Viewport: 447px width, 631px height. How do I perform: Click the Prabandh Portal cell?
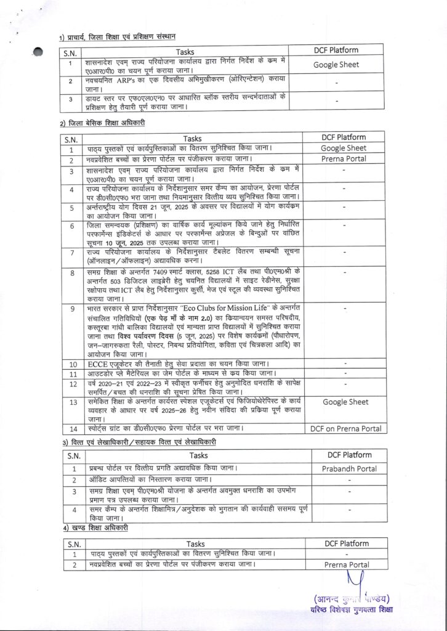click(349, 468)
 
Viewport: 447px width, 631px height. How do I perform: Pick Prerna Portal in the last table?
click(348, 564)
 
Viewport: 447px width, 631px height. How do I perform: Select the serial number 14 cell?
click(72, 428)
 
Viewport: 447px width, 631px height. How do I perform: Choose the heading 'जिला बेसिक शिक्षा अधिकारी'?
click(105, 123)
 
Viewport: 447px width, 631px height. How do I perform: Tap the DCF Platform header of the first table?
click(335, 51)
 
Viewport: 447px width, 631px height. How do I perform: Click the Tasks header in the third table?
click(198, 455)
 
